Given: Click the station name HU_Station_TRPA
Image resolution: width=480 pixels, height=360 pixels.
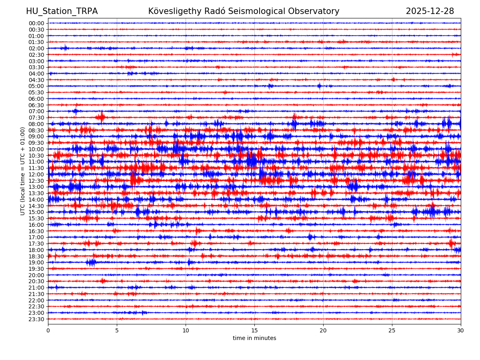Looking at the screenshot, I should click(62, 12).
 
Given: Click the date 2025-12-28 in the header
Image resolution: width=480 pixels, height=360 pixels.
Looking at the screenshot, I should click(430, 12).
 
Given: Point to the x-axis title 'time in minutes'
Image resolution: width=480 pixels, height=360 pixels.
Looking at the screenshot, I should click(254, 338).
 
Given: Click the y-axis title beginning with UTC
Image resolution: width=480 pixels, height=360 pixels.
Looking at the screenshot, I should click(23, 171).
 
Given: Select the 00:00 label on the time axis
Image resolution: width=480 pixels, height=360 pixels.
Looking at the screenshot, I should click(36, 23).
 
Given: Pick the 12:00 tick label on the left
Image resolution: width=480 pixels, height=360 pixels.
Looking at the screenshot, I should click(36, 174).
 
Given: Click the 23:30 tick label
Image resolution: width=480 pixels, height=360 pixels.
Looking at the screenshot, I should click(36, 319).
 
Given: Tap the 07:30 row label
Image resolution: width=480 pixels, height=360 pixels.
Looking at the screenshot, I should click(36, 118).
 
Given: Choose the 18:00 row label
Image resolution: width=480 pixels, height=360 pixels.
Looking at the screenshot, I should click(36, 250).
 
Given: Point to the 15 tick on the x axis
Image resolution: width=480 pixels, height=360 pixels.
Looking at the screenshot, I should click(254, 331).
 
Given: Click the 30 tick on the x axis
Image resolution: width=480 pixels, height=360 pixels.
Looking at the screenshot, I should click(461, 331).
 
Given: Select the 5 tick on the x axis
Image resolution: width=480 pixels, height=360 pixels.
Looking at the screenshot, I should click(117, 331).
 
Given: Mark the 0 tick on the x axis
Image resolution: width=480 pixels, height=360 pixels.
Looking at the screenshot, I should click(48, 331).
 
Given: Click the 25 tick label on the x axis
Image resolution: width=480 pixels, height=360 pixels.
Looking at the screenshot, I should click(392, 331).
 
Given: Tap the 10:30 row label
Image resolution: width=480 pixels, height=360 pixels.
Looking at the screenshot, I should click(36, 156).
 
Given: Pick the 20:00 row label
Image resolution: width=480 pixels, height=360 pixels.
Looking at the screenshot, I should click(36, 275).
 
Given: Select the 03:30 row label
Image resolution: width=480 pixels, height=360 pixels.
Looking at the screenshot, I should click(36, 67).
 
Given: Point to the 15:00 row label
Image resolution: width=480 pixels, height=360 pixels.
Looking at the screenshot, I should click(36, 212).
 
